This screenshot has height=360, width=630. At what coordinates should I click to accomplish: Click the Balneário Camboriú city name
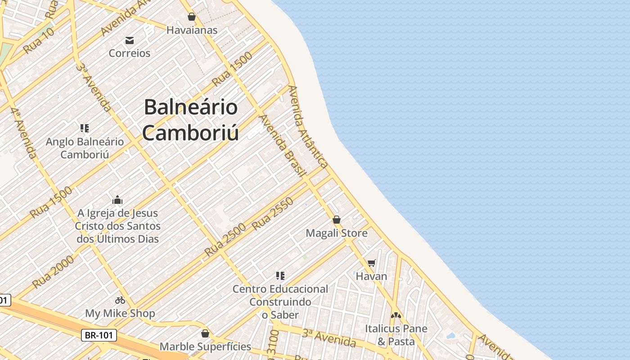[190, 120]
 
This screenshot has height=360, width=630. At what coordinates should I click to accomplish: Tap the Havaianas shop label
[192, 30]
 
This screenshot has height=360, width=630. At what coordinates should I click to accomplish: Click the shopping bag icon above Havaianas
[192, 17]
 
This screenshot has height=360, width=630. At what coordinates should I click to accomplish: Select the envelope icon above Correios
[130, 40]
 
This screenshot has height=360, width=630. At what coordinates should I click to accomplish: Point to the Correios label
[130, 53]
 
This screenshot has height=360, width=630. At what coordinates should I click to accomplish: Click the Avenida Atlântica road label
[308, 127]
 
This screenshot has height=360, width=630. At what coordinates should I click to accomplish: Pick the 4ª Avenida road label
[24, 133]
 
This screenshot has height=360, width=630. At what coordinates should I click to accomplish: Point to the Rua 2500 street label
[225, 240]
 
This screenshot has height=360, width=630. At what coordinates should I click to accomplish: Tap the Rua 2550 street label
[273, 214]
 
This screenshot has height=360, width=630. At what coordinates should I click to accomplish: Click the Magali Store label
[337, 233]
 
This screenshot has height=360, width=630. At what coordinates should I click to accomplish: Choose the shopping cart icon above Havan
[371, 263]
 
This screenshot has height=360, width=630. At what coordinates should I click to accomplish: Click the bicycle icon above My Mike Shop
[120, 300]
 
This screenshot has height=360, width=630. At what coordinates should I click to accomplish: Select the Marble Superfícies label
[205, 346]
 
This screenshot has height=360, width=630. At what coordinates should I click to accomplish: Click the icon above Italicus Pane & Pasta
[396, 315]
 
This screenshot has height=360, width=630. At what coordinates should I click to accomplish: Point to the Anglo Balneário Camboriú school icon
[85, 128]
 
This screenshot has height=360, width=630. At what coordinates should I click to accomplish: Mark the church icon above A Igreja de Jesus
[117, 200]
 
